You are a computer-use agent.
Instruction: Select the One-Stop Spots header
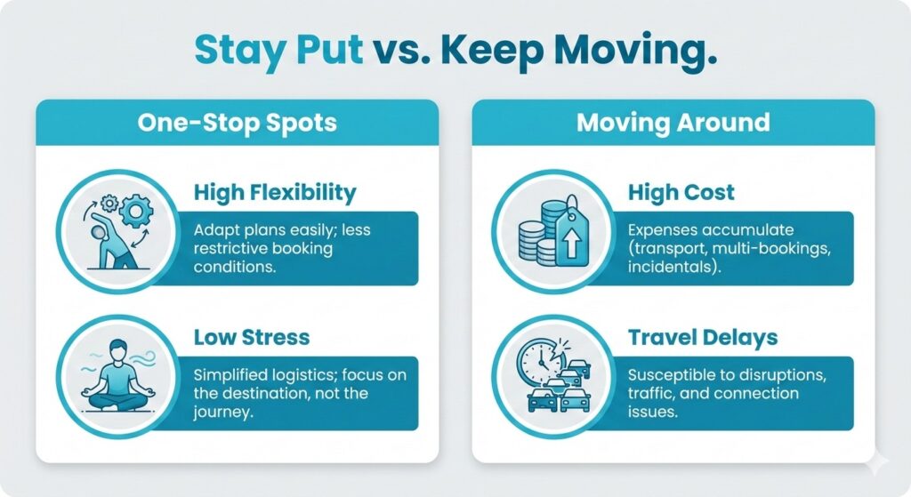coord(237,122)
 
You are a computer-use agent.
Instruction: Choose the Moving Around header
coord(673,122)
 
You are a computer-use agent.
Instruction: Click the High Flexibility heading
coord(275,192)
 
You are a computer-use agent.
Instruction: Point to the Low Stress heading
coord(252,338)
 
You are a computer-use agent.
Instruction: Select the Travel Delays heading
coord(703,338)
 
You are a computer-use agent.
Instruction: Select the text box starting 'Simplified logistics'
coord(298,392)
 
